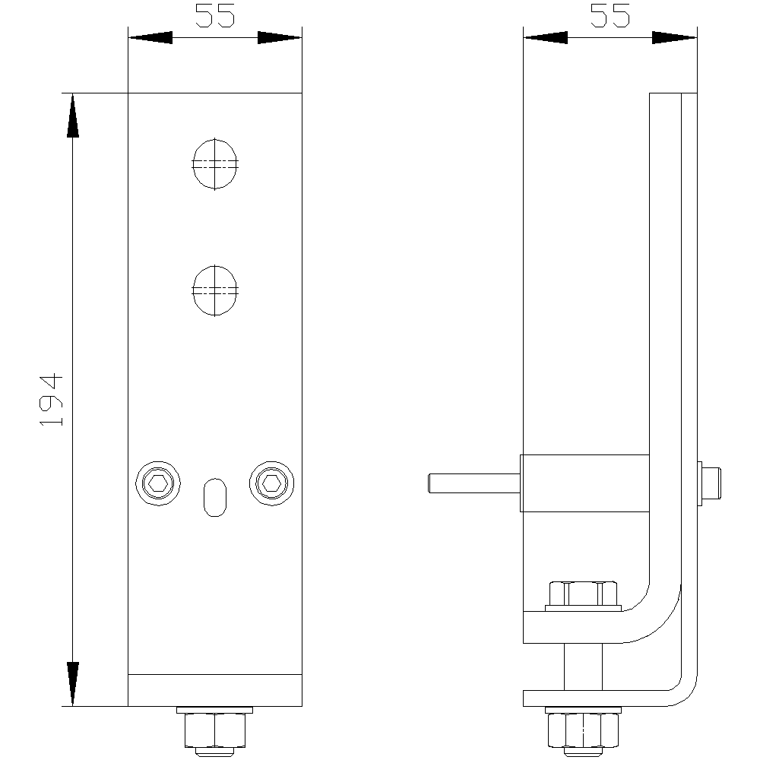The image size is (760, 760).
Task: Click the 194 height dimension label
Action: point(51,400)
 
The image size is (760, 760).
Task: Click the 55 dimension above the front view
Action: point(215,15)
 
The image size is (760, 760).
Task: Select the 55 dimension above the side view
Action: point(610,15)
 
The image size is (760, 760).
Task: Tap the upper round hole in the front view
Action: point(215,164)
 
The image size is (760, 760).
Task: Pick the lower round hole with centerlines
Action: point(215,290)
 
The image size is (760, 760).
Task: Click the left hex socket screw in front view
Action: point(158,483)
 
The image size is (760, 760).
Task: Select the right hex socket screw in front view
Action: point(271,483)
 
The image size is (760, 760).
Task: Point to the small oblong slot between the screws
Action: point(215,497)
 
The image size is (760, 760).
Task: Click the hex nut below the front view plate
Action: point(215,730)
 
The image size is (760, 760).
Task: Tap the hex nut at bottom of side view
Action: point(583,730)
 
